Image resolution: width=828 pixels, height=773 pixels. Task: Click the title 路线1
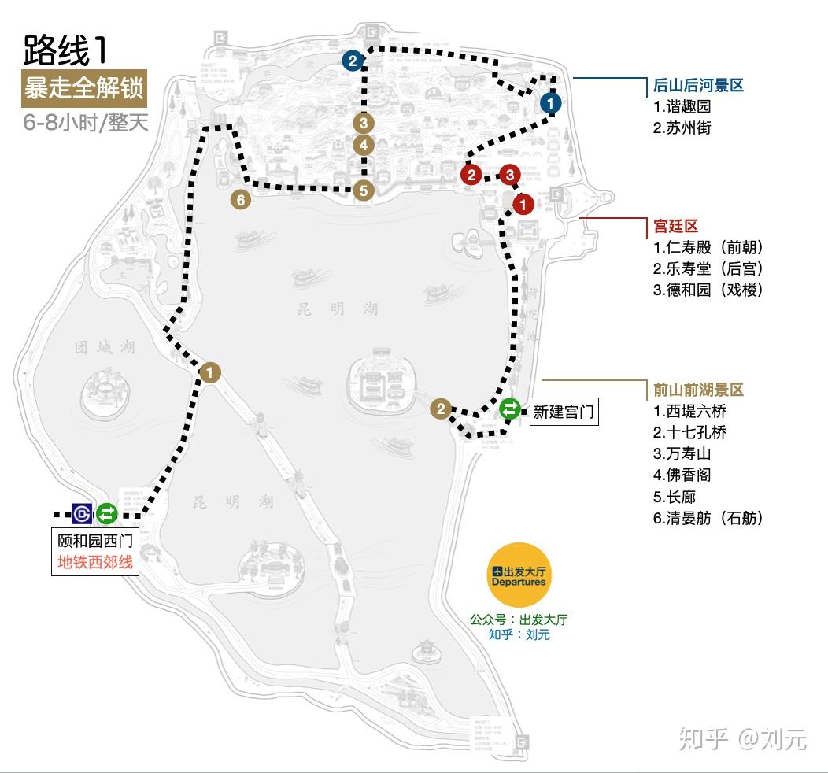click(65, 50)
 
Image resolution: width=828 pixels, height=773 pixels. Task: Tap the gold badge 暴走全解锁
click(84, 88)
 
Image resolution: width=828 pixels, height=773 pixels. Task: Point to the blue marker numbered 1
click(551, 102)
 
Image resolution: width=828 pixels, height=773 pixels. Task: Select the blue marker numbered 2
click(353, 61)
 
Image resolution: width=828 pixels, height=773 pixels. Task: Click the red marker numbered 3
click(510, 175)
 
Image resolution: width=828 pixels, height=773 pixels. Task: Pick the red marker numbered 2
click(471, 175)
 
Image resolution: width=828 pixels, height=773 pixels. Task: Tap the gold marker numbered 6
click(241, 200)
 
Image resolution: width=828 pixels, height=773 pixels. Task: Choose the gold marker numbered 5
click(363, 190)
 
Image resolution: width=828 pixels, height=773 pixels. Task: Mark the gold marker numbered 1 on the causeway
click(210, 372)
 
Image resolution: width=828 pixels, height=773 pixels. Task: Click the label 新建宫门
click(564, 411)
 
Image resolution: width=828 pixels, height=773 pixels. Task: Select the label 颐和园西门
click(94, 542)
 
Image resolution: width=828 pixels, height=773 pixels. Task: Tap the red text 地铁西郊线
click(94, 563)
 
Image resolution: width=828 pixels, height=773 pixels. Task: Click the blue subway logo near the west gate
click(82, 513)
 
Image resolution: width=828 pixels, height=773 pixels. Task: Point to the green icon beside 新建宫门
click(510, 409)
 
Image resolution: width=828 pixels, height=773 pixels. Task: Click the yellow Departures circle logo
click(519, 575)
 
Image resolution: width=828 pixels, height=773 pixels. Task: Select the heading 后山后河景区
click(698, 86)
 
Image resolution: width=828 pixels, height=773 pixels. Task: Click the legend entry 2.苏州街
click(682, 128)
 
